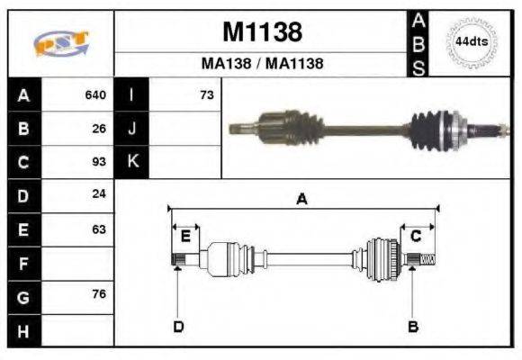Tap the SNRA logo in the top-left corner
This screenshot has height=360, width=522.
pos(61,43)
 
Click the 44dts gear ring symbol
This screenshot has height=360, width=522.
pos(470,41)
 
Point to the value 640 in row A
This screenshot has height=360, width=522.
pos(95,94)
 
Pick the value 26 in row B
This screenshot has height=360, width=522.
pos(99,129)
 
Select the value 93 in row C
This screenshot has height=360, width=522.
pos(99,162)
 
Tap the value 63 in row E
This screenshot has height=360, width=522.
pos(99,229)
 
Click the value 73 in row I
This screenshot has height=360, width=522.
pos(206,94)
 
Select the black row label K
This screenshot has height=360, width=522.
pos(132,162)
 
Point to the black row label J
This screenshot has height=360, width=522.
pos(132,129)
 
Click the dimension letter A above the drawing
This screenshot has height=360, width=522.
pos(302,200)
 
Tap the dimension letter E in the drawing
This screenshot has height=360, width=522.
pos(185,237)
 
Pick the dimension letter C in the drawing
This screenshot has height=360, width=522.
pos(416,237)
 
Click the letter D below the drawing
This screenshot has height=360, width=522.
pos(178,326)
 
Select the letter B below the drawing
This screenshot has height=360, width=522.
pos(413,326)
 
